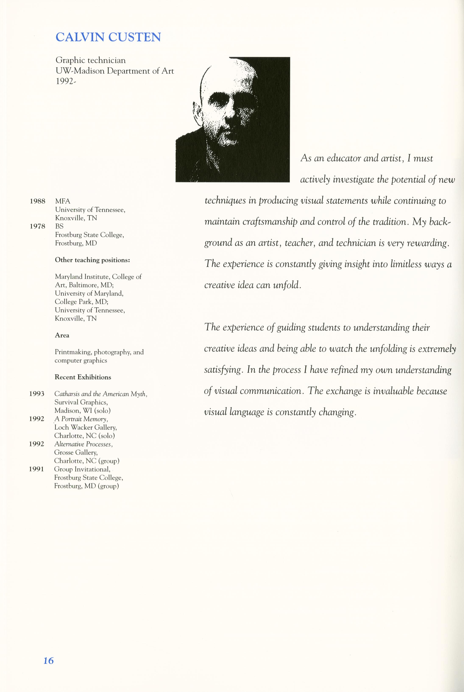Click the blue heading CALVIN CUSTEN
[x=108, y=37]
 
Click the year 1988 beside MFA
[x=38, y=201]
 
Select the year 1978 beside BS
[x=38, y=226]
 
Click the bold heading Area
[x=62, y=335]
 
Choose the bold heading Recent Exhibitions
[x=83, y=377]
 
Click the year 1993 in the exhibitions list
[x=37, y=394]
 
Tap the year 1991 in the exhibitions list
[x=36, y=469]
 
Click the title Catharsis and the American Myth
[x=101, y=394]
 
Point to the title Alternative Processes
[x=83, y=444]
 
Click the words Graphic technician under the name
[x=91, y=60]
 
